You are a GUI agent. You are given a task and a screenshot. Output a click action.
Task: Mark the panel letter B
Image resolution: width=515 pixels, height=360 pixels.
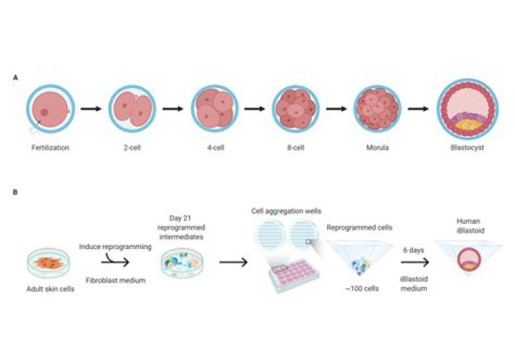point(16,191)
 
